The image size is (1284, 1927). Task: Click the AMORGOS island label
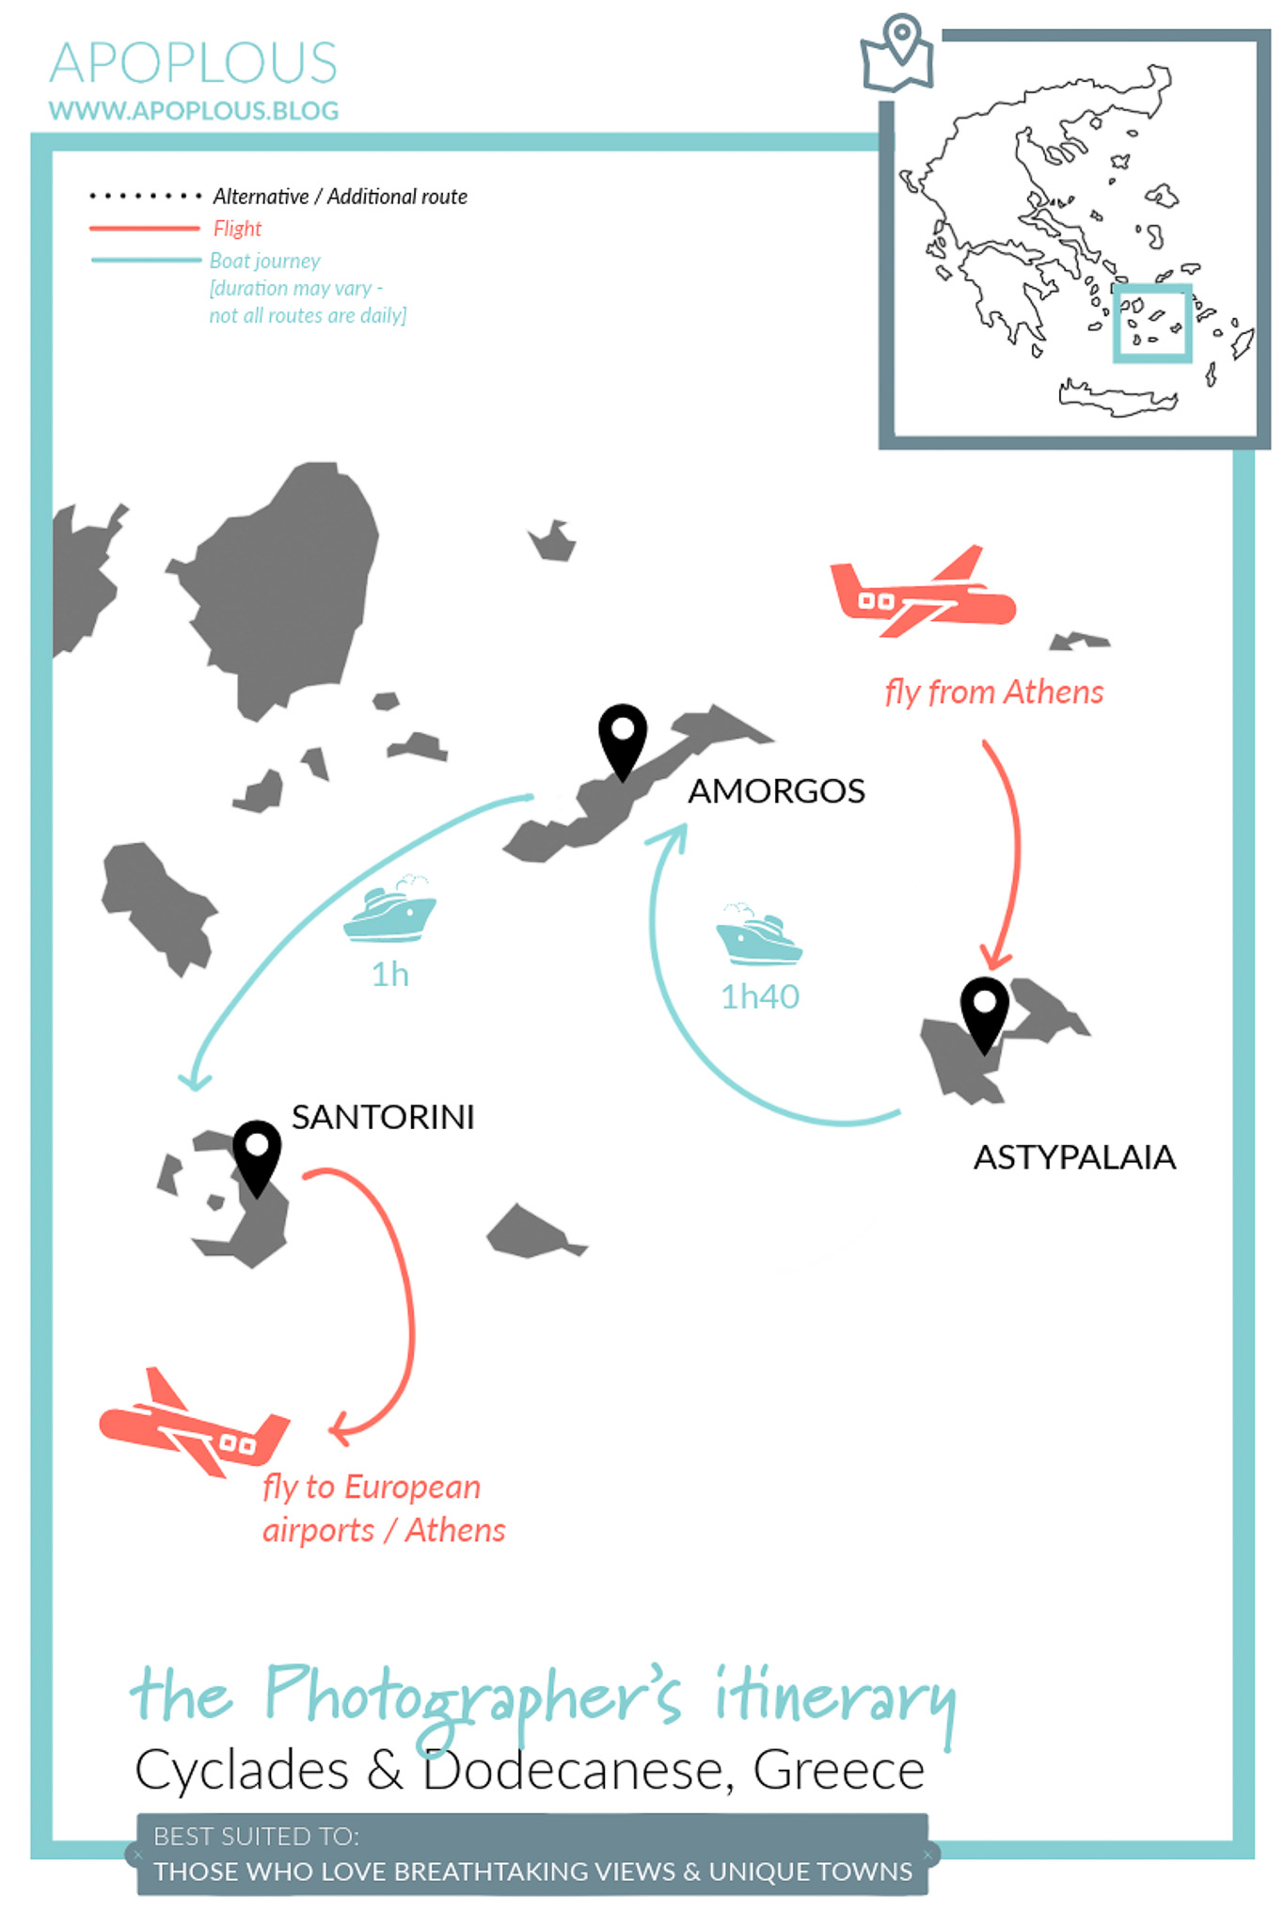pos(776,791)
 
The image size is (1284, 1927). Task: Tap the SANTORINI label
pos(383,1117)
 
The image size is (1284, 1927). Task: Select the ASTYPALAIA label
pos(1074,1157)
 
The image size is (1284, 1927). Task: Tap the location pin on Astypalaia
pos(985,1014)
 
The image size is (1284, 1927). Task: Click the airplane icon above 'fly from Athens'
pos(922,592)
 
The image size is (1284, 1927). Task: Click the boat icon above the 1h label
pos(389,909)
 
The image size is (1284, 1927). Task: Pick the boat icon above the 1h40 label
pos(758,934)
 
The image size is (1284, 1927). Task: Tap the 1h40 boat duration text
pos(760,996)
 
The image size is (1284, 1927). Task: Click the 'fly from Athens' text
pos(993,693)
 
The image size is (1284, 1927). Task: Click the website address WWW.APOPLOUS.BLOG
pos(194,111)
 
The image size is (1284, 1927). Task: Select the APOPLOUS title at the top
pos(193,63)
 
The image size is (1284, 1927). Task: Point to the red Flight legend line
pos(145,229)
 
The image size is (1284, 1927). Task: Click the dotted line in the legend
pos(145,197)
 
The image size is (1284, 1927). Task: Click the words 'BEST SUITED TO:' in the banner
pos(256,1836)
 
